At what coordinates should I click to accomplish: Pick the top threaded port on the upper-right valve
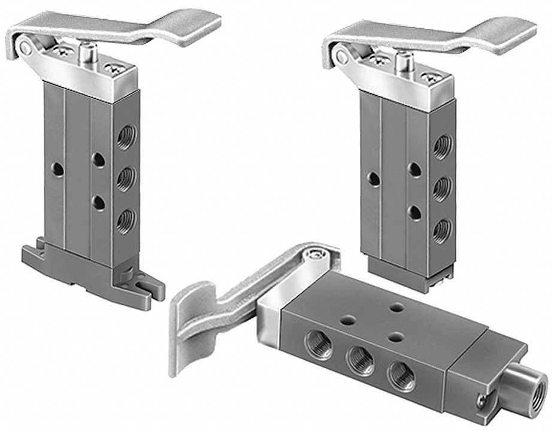click(x=443, y=147)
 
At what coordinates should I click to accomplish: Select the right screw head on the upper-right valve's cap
click(x=429, y=77)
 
